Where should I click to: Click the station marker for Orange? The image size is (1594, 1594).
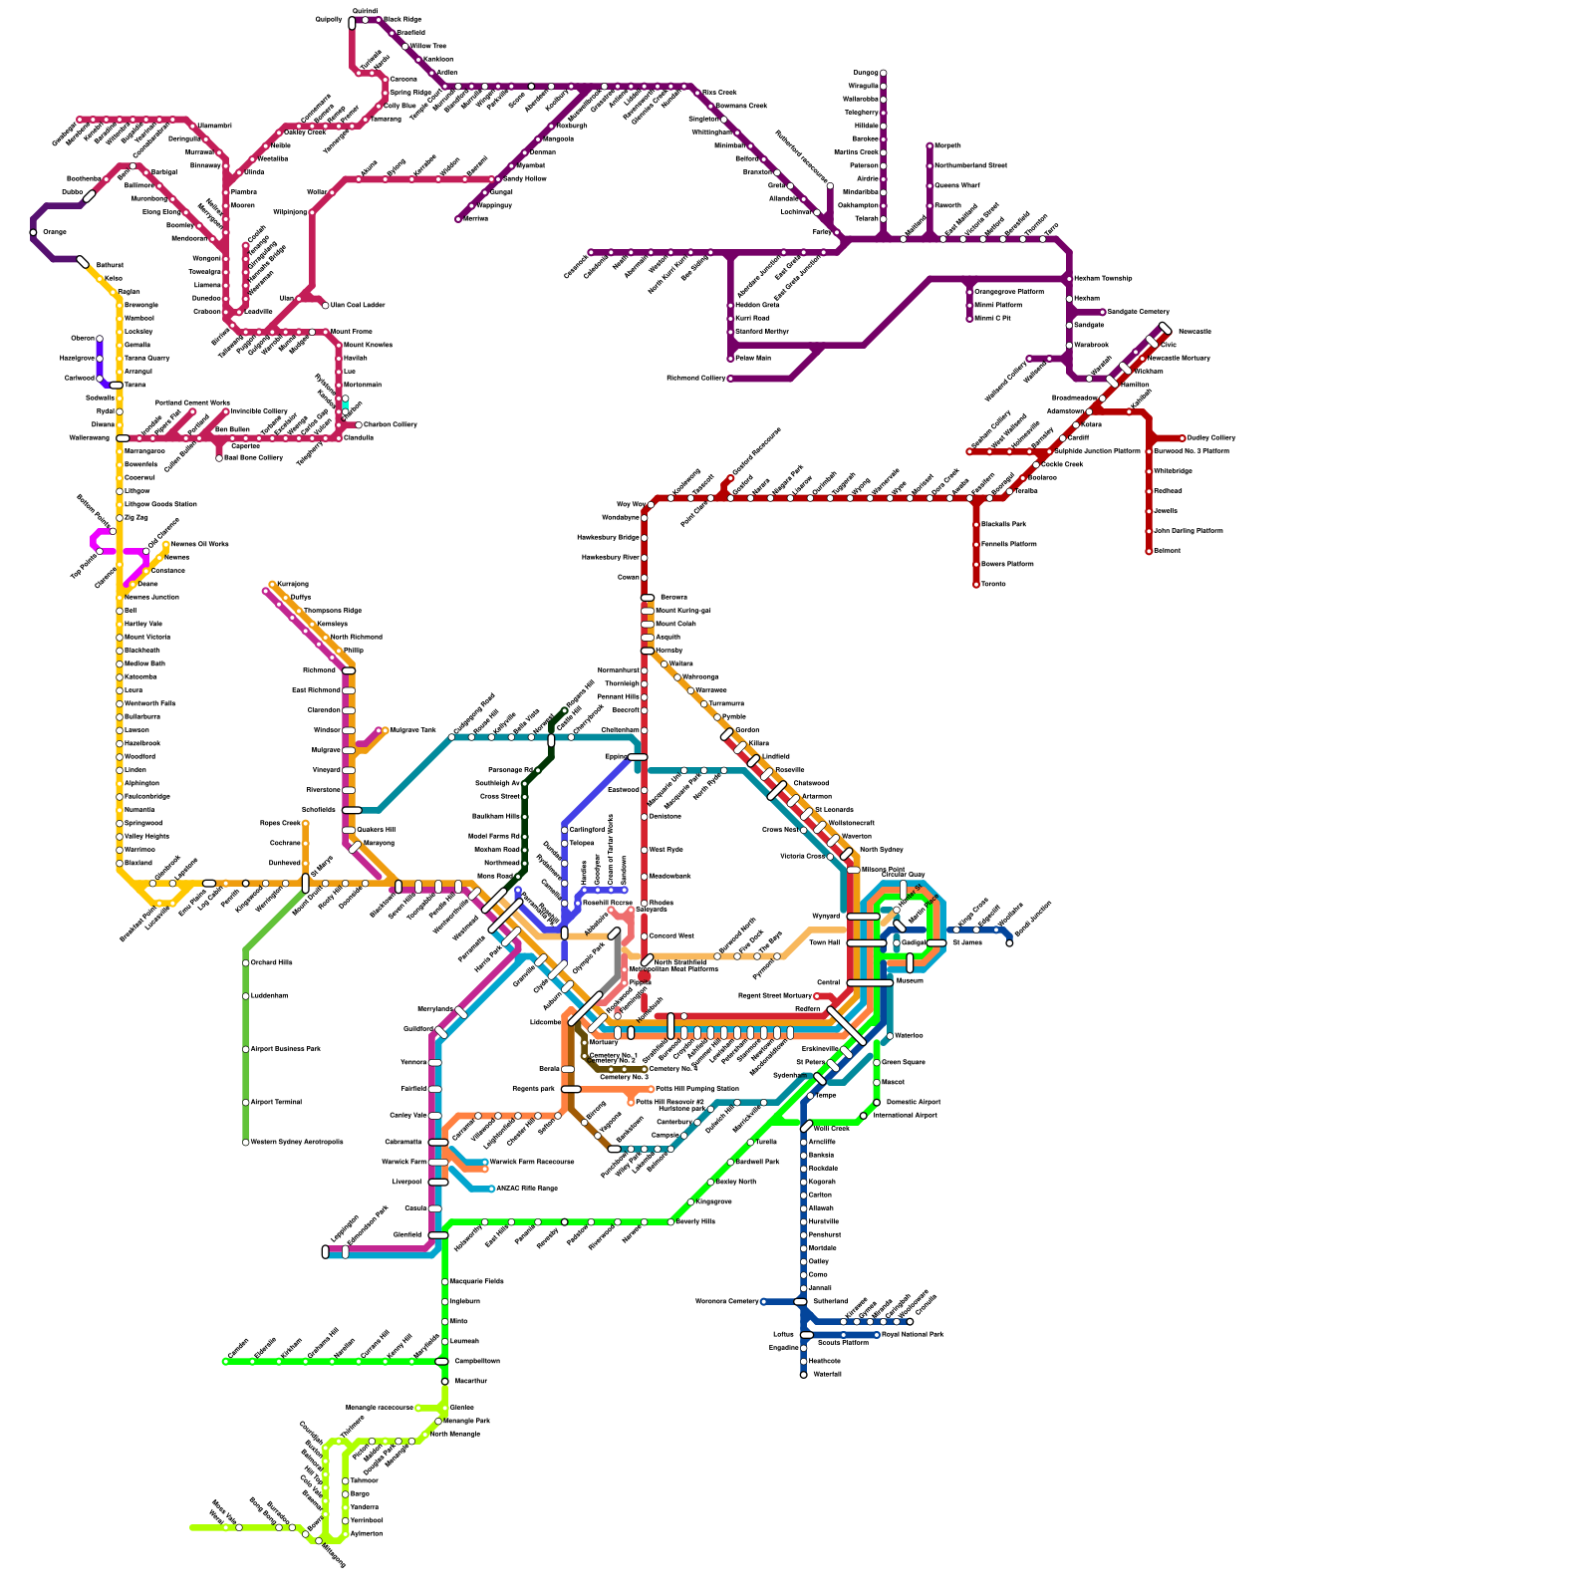point(34,232)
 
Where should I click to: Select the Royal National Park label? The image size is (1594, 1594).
point(913,1334)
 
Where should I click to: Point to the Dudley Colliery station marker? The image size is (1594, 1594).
point(1183,437)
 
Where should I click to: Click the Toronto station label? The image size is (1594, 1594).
point(992,584)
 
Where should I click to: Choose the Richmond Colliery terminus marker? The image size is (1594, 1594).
point(730,379)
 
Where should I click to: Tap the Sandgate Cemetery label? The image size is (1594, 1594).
point(1139,312)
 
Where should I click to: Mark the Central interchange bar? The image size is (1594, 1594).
point(870,982)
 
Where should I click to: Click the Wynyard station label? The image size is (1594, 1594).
point(826,916)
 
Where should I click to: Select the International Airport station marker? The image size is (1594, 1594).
point(864,1116)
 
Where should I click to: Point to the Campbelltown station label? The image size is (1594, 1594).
point(476,1361)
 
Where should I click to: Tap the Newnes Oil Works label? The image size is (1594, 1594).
point(199,544)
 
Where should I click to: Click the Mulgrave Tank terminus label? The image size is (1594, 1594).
point(412,730)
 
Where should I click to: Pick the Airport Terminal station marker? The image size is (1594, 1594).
point(246,1102)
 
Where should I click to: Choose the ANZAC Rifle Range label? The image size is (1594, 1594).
point(526,1189)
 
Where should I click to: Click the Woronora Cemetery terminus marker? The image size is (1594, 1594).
point(763,1301)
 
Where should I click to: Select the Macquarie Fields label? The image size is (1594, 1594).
point(476,1281)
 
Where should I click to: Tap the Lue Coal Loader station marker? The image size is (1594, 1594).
point(325,305)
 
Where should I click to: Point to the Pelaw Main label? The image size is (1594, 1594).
point(753,358)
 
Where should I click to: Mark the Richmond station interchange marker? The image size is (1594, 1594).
point(349,670)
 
